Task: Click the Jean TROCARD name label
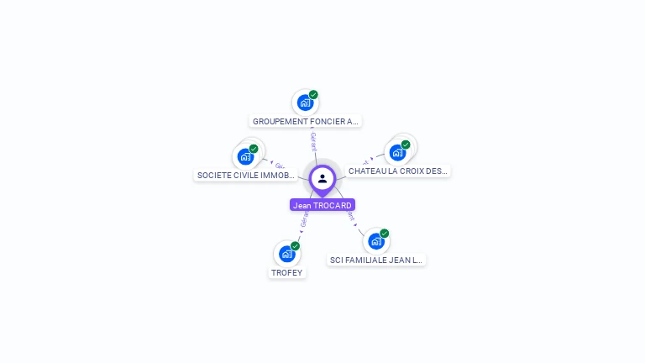322,205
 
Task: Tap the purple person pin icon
322,178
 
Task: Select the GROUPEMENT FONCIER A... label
306,121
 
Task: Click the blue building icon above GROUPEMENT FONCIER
305,103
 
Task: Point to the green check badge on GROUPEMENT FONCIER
313,95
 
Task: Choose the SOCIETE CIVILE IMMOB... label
245,176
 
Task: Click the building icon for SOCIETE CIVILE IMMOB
245,155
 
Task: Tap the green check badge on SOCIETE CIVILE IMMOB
254,149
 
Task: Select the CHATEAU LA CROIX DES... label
398,171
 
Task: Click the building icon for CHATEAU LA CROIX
397,152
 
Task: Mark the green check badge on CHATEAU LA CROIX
406,145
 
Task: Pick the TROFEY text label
286,272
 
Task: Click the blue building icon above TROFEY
286,253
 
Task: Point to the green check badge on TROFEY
295,245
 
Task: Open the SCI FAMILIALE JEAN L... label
376,260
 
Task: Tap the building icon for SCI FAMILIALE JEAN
375,241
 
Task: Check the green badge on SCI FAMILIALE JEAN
384,234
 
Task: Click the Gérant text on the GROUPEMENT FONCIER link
312,140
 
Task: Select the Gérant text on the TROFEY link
303,220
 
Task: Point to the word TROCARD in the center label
333,205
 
